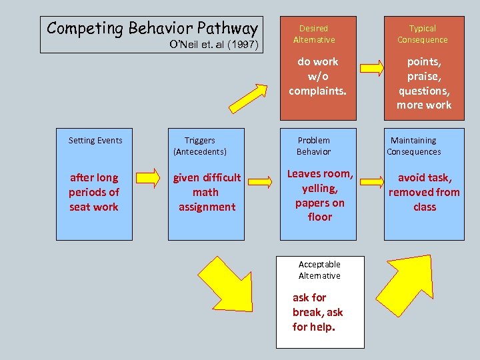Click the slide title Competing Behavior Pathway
point(152,29)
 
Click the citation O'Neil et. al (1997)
point(217,45)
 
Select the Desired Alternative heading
point(313,34)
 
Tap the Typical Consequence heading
point(423,34)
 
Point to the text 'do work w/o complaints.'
point(318,75)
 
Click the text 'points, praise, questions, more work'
point(424,83)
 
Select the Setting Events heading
point(95,141)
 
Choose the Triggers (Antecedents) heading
point(200,146)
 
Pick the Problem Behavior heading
point(313,146)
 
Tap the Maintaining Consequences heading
point(413,146)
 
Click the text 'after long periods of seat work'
point(94,192)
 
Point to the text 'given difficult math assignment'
point(207,192)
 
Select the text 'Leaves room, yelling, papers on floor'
point(319,195)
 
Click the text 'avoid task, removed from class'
point(424,192)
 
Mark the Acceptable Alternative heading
point(319,270)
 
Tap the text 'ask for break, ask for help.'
point(317,312)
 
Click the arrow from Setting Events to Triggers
point(148,179)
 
